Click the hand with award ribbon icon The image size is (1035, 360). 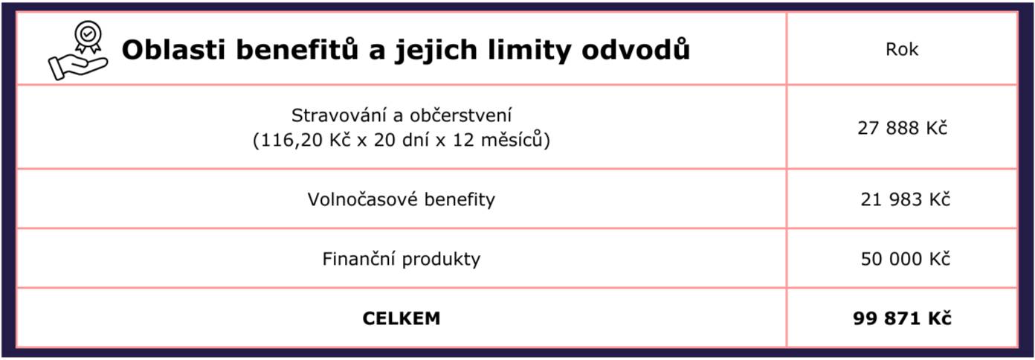(x=78, y=50)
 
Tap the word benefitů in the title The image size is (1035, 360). (x=297, y=49)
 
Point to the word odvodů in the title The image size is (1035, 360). (x=636, y=49)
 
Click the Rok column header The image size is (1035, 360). (x=902, y=49)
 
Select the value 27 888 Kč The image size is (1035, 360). (x=903, y=127)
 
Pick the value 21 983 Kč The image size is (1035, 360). (x=905, y=199)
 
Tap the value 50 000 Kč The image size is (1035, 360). (x=905, y=259)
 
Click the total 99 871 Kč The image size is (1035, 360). (x=902, y=318)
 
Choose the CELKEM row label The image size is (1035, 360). (x=401, y=318)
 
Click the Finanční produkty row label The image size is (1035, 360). (x=401, y=259)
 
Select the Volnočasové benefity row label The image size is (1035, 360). (x=401, y=199)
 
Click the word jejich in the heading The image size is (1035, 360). (x=436, y=51)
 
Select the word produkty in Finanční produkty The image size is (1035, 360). (x=441, y=260)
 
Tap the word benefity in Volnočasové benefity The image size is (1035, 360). (x=460, y=200)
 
